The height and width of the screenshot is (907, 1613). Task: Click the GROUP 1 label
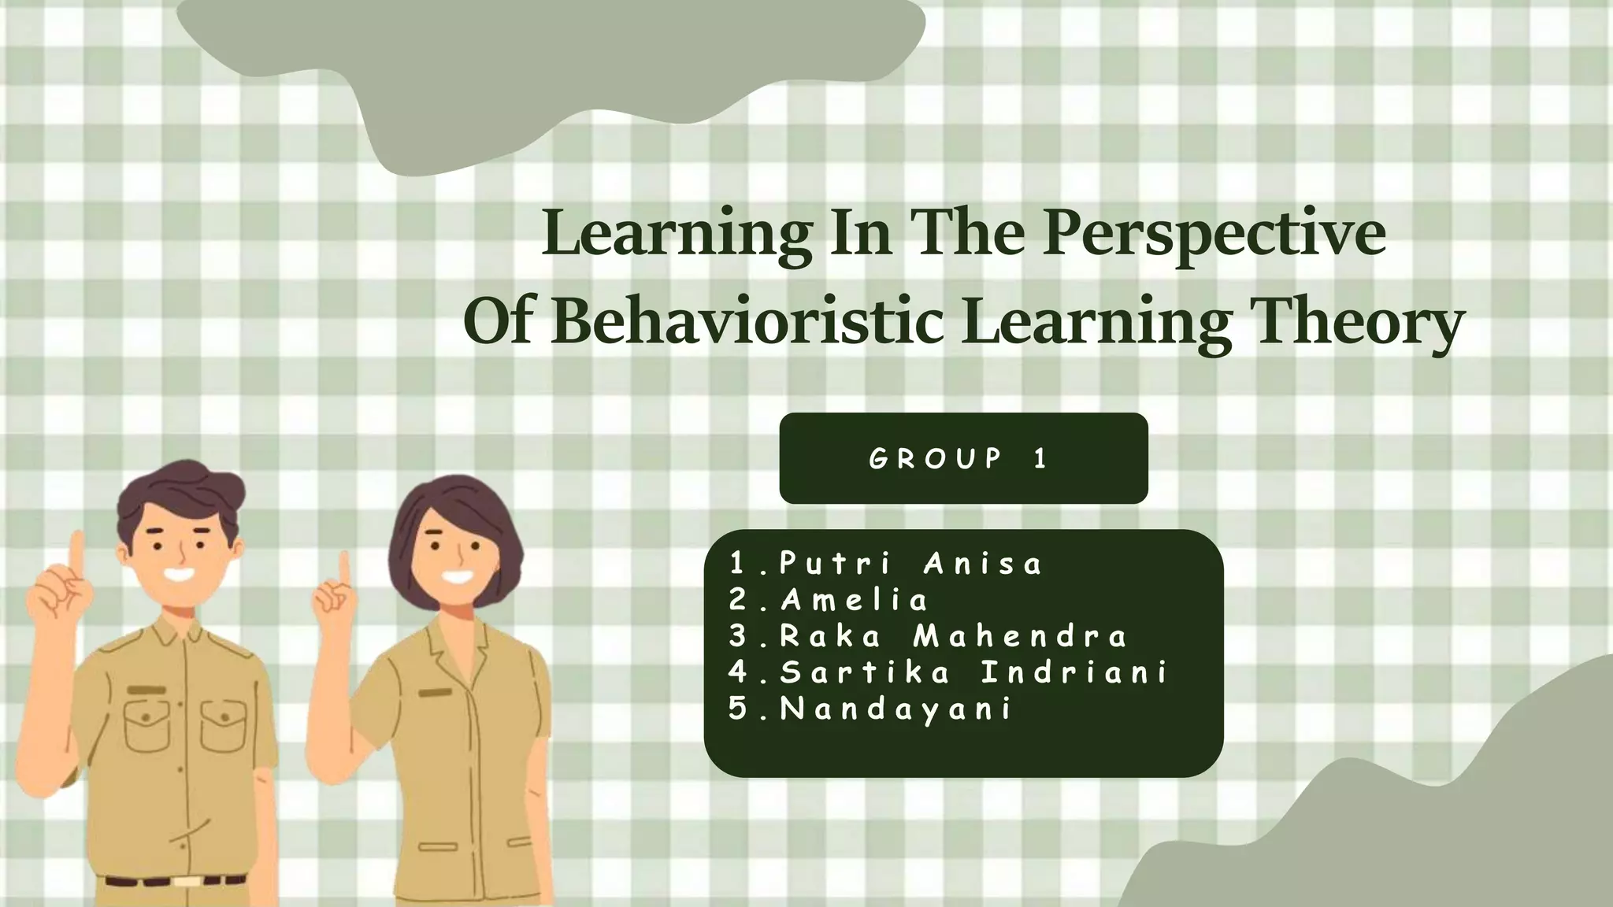click(x=962, y=458)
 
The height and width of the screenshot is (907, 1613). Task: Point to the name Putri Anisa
click(x=910, y=564)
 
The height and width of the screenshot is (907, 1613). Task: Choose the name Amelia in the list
click(x=855, y=601)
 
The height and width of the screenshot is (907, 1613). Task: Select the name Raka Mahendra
click(x=953, y=636)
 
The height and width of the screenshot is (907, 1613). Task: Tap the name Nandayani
click(x=895, y=709)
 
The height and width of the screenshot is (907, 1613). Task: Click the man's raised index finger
click(x=77, y=551)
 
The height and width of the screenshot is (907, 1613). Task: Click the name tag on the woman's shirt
click(x=435, y=693)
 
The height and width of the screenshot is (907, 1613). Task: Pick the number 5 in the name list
click(x=738, y=709)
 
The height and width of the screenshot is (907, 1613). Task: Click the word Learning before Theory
click(x=1096, y=322)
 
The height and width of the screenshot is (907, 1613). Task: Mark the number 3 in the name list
click(x=738, y=636)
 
